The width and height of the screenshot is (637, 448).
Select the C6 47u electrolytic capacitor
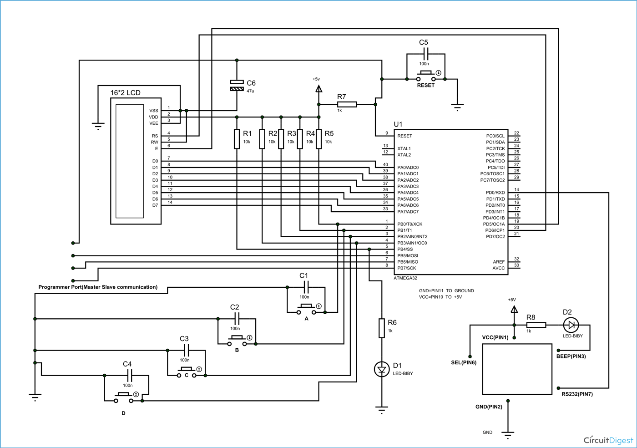pyautogui.click(x=237, y=85)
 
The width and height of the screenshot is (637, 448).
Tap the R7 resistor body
pyautogui.click(x=347, y=104)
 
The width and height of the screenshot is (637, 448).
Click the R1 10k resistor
pyautogui.click(x=237, y=139)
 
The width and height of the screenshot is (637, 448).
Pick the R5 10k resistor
pyautogui.click(x=319, y=139)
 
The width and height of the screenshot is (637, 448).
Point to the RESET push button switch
pyautogui.click(x=426, y=76)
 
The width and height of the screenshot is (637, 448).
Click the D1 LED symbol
pyautogui.click(x=382, y=369)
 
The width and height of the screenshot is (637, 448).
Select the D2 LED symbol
pyautogui.click(x=571, y=325)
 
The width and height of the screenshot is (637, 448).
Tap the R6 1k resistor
pyautogui.click(x=382, y=328)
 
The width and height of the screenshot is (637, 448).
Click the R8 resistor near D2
pyautogui.click(x=536, y=325)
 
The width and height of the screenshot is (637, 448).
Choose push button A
pyautogui.click(x=306, y=309)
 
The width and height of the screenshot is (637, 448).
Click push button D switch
pyautogui.click(x=124, y=397)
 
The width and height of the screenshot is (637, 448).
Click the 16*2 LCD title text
pyautogui.click(x=126, y=93)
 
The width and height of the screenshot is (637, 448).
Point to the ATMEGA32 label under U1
pyautogui.click(x=405, y=278)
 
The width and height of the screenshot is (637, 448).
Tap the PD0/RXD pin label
pyautogui.click(x=495, y=193)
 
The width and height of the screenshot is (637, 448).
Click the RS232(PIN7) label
pyautogui.click(x=577, y=394)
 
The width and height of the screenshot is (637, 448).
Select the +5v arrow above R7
pyautogui.click(x=318, y=89)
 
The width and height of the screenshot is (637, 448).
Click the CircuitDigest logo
pyautogui.click(x=608, y=440)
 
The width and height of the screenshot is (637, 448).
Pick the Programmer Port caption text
pyautogui.click(x=98, y=287)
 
